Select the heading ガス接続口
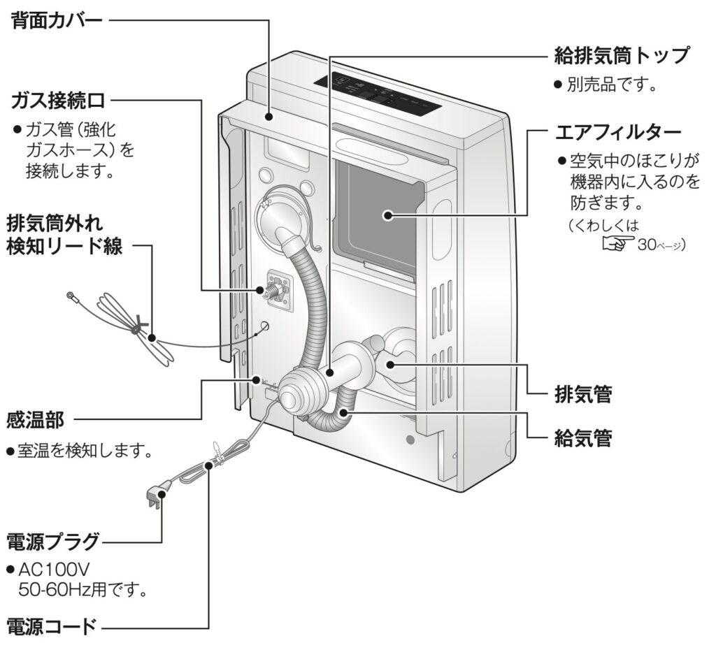59,101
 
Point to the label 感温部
36,419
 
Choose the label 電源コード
51,624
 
